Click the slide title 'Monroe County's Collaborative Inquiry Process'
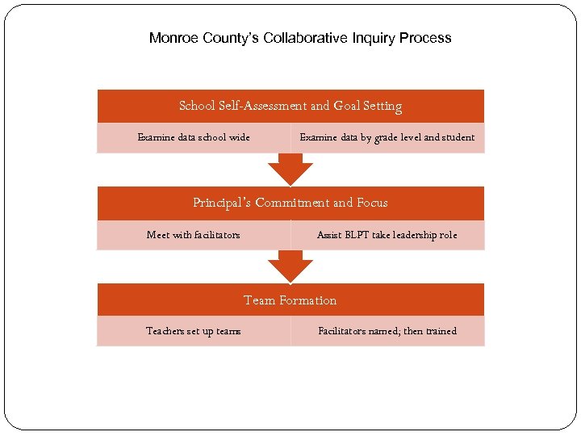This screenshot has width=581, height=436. [x=300, y=38]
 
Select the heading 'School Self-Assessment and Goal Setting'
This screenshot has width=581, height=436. [x=290, y=106]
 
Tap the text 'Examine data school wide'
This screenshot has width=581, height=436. [x=194, y=137]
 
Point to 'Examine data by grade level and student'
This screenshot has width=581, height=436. [x=387, y=137]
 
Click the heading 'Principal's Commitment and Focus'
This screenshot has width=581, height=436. [x=290, y=203]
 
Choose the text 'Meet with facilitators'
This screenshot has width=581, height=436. [x=194, y=235]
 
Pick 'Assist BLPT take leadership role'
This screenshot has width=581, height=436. [x=387, y=235]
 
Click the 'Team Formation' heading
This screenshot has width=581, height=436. [x=290, y=300]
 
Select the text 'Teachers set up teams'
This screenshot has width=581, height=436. [x=194, y=331]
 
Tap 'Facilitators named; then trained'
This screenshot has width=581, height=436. [x=387, y=331]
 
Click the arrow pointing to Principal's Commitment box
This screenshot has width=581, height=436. [x=290, y=169]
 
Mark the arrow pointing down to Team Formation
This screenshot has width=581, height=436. [x=290, y=266]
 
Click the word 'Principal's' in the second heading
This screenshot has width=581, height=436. [x=222, y=203]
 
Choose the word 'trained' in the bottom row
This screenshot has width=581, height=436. [x=441, y=331]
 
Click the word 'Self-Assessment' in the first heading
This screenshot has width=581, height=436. [x=259, y=106]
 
